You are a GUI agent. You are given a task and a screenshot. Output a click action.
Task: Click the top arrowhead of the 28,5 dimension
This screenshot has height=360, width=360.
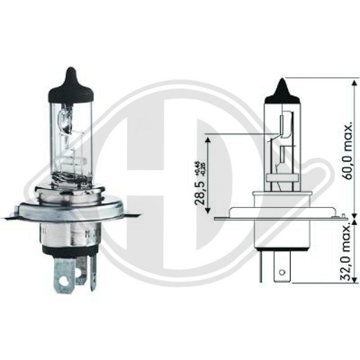(x=208, y=138)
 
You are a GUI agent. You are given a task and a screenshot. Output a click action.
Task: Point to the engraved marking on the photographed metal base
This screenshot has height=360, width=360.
(x=88, y=234)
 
